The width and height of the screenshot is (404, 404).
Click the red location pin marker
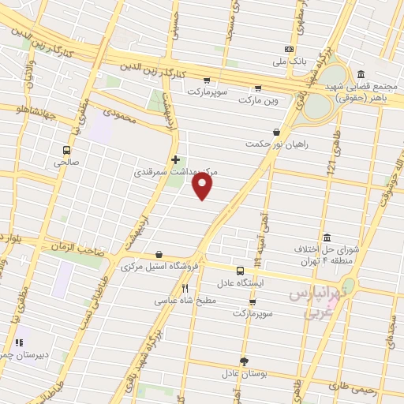point(203,185)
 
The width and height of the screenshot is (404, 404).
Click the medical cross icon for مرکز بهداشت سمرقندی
point(175,159)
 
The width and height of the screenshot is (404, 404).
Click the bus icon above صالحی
point(66,149)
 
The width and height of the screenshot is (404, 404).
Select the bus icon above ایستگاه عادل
point(240,270)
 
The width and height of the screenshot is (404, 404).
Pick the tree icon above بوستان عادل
point(244,361)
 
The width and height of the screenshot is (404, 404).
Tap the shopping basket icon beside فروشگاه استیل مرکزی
point(161,255)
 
